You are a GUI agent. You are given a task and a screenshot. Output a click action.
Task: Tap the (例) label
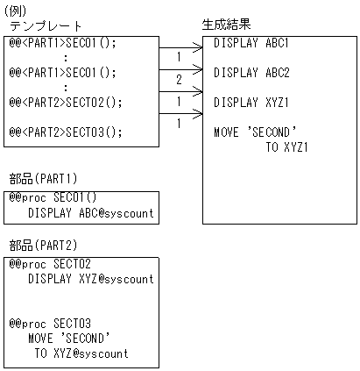coord(16,9)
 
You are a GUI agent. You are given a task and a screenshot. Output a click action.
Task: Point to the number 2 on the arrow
coord(179,80)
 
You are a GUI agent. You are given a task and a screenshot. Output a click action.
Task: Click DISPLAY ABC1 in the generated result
coord(251,43)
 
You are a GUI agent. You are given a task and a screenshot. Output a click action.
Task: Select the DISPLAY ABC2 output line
coord(251,73)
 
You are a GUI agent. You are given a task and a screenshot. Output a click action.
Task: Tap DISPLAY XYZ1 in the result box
coord(251,103)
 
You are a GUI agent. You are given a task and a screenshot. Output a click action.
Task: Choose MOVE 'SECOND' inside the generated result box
coord(256,132)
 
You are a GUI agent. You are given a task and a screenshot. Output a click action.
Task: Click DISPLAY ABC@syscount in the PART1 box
coord(90,213)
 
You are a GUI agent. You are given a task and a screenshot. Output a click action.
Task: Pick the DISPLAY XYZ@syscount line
coord(90,279)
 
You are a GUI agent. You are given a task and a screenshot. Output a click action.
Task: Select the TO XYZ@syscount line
coord(81,353)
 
